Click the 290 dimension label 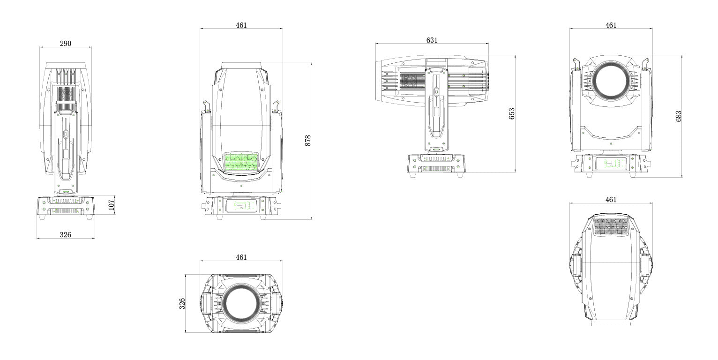[66, 43]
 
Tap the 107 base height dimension [111, 205]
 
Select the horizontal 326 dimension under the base [66, 235]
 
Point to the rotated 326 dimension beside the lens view [182, 304]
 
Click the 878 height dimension [308, 141]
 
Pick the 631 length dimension [432, 40]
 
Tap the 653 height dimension [512, 114]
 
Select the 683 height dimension [678, 116]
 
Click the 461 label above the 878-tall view [241, 25]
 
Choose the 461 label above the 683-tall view [611, 25]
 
